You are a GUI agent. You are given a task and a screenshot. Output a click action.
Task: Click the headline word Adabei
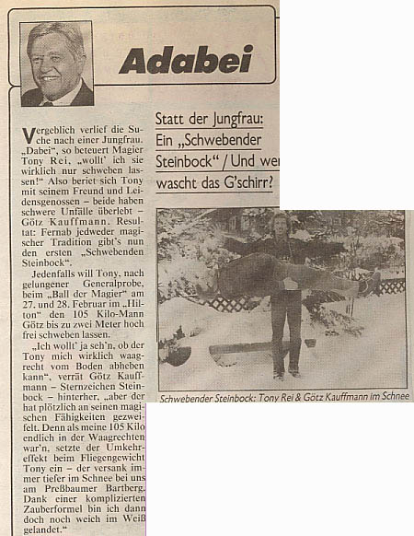(174, 60)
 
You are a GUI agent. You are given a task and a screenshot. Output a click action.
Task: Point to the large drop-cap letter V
(29, 137)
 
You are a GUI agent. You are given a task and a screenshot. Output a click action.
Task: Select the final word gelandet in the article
(49, 529)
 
